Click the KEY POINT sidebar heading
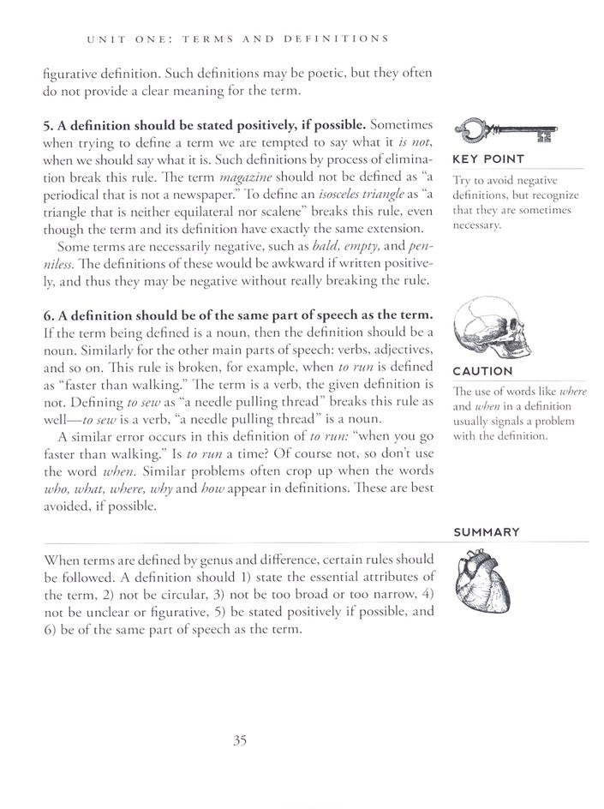click(x=487, y=160)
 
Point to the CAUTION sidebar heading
click(x=482, y=372)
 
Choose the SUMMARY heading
click(x=487, y=531)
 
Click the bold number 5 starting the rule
click(x=46, y=124)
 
